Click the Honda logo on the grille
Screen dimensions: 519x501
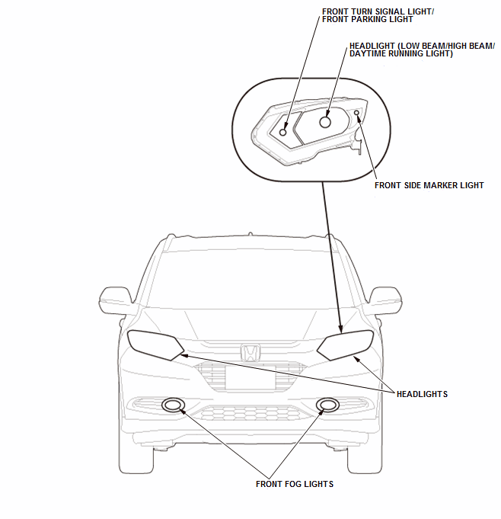pyautogui.click(x=250, y=353)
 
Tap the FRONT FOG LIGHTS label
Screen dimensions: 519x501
pyautogui.click(x=294, y=484)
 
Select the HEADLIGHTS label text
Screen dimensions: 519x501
pyautogui.click(x=422, y=394)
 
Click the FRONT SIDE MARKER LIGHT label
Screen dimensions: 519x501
pyautogui.click(x=429, y=185)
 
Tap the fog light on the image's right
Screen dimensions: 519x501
pyautogui.click(x=328, y=405)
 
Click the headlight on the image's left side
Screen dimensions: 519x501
pyautogui.click(x=155, y=344)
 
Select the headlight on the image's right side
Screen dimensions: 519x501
pyautogui.click(x=346, y=344)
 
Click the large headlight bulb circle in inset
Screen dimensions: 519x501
pyautogui.click(x=325, y=121)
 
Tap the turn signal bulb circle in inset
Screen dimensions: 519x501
pyautogui.click(x=283, y=132)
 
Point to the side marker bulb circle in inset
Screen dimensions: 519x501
pyautogui.click(x=357, y=114)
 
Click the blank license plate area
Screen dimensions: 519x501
pyautogui.click(x=250, y=379)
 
